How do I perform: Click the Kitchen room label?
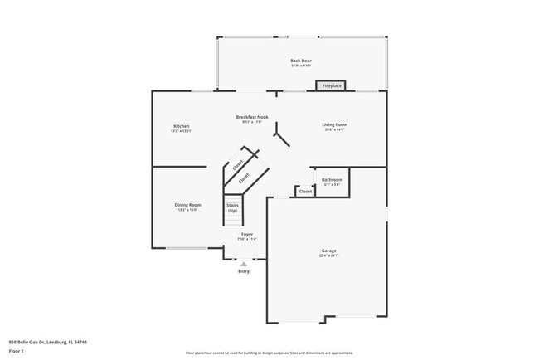pos(182,126)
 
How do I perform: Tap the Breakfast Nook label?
pos(252,118)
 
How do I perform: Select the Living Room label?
pos(334,125)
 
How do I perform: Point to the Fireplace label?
pos(332,85)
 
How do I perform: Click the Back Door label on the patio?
pos(301,61)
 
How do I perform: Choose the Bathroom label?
pos(332,179)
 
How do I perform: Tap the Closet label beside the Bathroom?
pos(305,191)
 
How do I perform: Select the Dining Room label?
pos(187,205)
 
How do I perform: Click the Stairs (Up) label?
pos(232,208)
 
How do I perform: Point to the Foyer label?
pos(247,235)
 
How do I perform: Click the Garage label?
pos(329,251)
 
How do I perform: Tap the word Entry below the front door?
pos(244,271)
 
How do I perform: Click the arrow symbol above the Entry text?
pos(244,264)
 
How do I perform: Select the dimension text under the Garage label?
pos(329,255)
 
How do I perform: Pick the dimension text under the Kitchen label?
pos(182,131)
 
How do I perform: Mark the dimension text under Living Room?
pos(334,130)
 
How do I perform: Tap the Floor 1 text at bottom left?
pos(17,352)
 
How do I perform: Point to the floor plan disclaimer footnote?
pos(269,353)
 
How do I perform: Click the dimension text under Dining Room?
pos(187,210)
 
